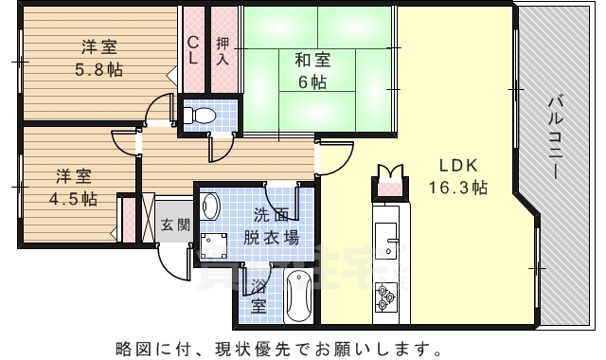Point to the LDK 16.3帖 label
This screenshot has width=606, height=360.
click(457, 175)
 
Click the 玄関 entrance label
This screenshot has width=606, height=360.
click(174, 225)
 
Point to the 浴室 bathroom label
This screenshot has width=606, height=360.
click(258, 297)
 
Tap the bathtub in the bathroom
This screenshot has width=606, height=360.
click(298, 297)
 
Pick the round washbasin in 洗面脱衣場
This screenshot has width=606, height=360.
click(211, 206)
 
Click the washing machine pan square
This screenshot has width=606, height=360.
click(213, 244)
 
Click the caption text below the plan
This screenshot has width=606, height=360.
click(302, 343)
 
